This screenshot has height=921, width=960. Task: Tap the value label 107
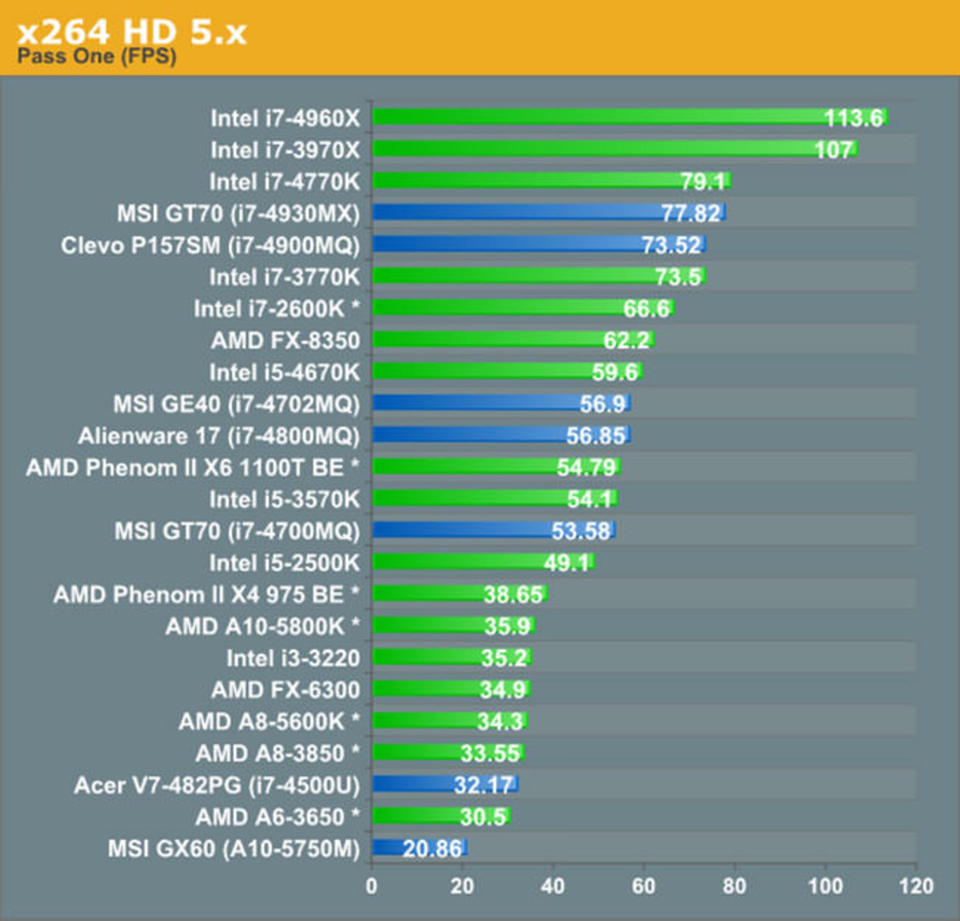click(x=833, y=149)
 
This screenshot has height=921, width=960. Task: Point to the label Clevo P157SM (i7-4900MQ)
click(x=210, y=245)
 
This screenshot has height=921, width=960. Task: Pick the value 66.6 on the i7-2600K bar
click(x=645, y=308)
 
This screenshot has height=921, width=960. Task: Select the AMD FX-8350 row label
click(x=285, y=340)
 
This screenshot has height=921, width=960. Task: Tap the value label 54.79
click(x=586, y=467)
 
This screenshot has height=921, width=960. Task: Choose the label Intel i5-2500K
click(x=284, y=563)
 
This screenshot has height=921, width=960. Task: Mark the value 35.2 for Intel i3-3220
click(x=503, y=658)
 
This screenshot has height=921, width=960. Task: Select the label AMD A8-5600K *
click(x=269, y=721)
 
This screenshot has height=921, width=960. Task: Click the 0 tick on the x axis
click(x=371, y=886)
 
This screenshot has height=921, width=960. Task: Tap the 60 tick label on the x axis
click(x=643, y=886)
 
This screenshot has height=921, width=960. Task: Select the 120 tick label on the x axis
click(x=915, y=886)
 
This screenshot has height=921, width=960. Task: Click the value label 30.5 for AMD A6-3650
click(x=482, y=817)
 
